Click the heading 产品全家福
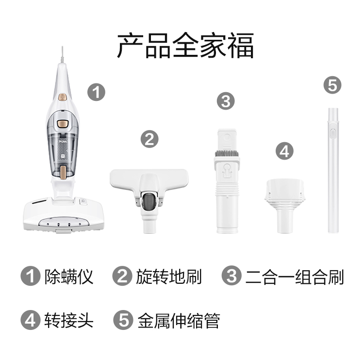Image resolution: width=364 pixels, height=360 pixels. point(185,46)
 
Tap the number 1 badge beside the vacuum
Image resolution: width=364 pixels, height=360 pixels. point(97,92)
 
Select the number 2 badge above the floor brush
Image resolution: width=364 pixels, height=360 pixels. point(149,139)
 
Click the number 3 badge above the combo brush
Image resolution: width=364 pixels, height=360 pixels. point(226,101)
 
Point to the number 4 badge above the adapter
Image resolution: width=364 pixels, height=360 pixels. point(284,151)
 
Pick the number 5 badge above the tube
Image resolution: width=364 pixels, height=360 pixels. point(332,85)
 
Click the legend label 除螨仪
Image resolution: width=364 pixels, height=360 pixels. point(69,277)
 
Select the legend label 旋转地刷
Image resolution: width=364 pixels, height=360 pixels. point(169,277)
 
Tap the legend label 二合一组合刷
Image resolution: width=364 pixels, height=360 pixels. point(295,277)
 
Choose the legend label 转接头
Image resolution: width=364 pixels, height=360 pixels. point(69,321)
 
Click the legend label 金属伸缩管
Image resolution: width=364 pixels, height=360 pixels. point(179,321)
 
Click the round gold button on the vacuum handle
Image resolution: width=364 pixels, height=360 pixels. point(62,97)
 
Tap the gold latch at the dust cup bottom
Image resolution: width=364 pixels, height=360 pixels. point(63,173)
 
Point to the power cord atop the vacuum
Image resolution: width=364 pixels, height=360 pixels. point(62,54)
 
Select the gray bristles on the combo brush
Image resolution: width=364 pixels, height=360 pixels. point(227,153)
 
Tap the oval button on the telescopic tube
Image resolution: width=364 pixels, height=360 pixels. point(332,134)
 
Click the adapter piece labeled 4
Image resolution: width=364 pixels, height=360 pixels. point(284,206)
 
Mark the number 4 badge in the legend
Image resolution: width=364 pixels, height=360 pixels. point(30,320)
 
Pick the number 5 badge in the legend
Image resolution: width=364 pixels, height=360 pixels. point(123,320)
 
